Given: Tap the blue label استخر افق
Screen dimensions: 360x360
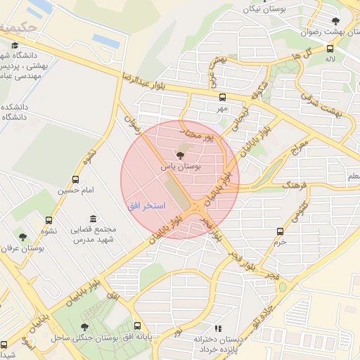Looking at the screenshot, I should (146, 206).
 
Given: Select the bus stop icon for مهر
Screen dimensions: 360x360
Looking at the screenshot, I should (223, 98).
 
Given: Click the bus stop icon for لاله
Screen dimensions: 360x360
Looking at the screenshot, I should (329, 49).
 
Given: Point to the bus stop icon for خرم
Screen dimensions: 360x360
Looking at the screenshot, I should (281, 231).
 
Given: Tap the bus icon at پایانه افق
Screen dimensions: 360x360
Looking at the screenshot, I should (137, 326).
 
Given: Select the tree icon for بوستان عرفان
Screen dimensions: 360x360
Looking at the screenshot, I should (23, 237).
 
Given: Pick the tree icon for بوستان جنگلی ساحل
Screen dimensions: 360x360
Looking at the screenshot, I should (85, 327).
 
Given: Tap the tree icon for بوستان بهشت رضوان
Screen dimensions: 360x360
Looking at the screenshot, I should (336, 21).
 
